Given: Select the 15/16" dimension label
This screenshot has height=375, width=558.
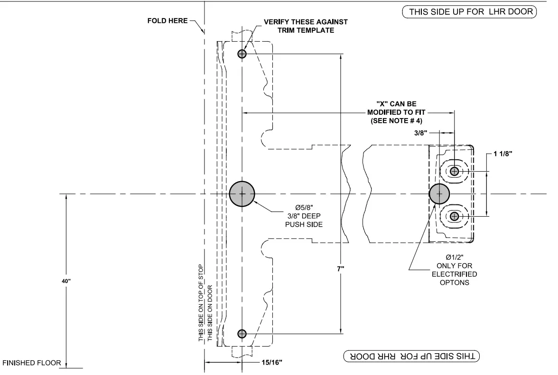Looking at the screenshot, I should point(273,365).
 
